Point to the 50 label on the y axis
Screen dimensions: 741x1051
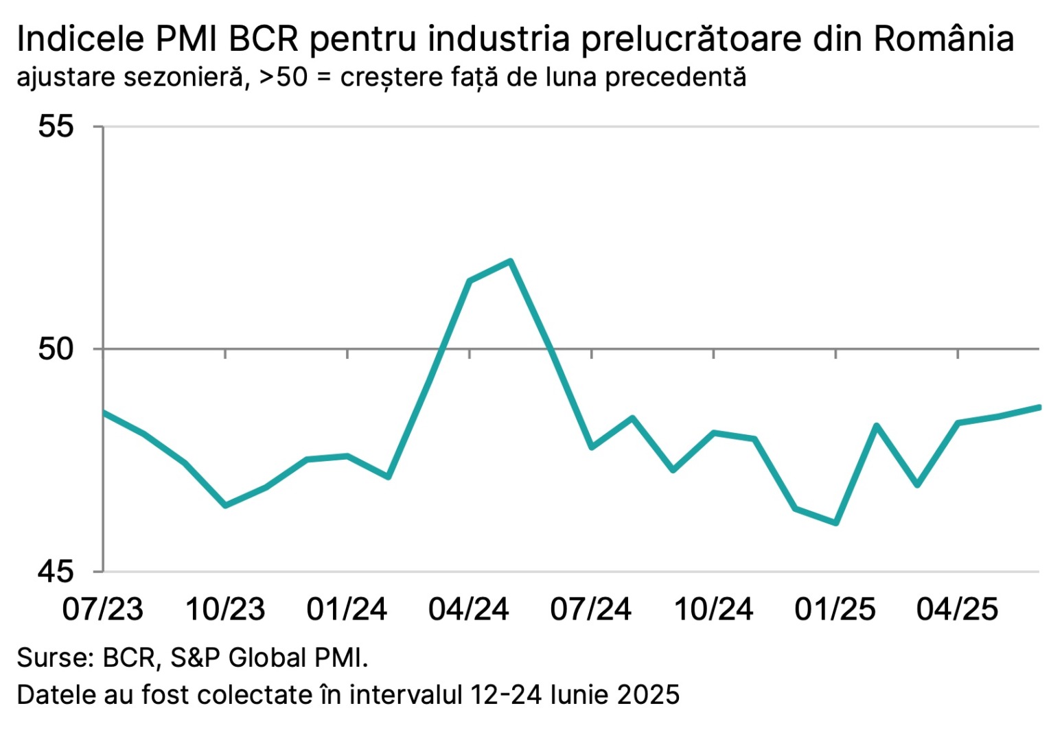pos(56,349)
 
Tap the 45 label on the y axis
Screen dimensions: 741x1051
pos(56,571)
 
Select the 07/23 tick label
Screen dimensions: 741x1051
pos(103,609)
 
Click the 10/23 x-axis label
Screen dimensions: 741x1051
pos(225,609)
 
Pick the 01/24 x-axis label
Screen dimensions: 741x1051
pos(347,609)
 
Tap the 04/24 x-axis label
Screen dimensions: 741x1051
pos(469,609)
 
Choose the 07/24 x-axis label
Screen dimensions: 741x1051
pos(591,609)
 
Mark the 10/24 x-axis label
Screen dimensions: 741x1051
pos(713,609)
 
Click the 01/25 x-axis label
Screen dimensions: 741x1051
pos(835,609)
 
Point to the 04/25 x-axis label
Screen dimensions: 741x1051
pos(958,609)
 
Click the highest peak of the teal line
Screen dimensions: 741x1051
pos(510,261)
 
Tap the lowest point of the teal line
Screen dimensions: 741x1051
pos(836,524)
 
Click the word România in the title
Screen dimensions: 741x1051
pos(944,40)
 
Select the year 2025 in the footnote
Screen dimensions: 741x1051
pos(648,694)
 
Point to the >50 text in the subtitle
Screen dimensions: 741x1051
pos(283,77)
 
